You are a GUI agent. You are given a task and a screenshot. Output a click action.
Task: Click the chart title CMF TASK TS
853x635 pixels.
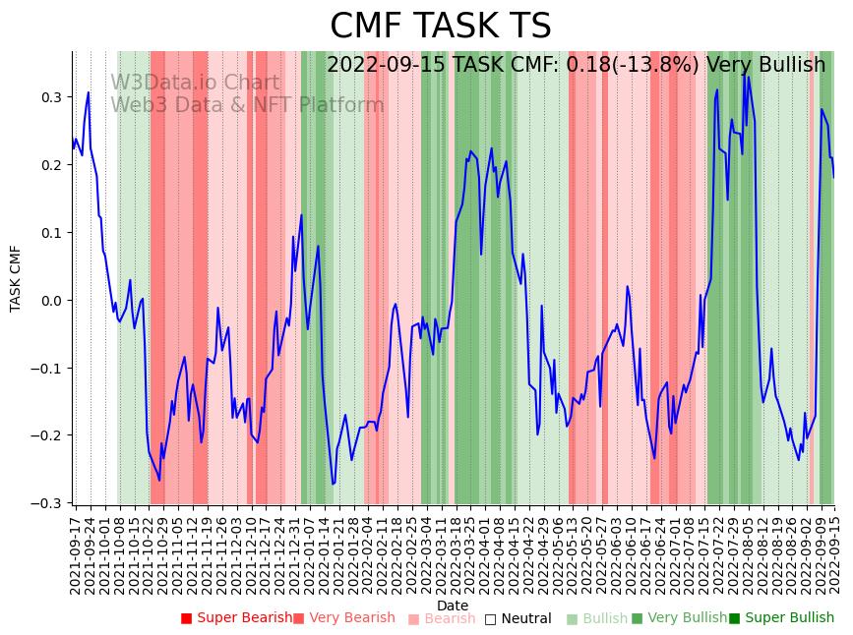point(440,27)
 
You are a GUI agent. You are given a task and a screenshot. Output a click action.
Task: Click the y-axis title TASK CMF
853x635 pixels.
point(16,278)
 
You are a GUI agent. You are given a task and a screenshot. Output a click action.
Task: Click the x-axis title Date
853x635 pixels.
point(453,606)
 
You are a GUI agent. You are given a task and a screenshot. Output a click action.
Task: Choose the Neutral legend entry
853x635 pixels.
point(524,618)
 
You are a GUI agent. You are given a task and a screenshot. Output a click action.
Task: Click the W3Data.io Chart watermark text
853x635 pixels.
point(195,83)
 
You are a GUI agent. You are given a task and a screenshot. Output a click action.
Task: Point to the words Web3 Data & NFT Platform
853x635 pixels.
point(247,105)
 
